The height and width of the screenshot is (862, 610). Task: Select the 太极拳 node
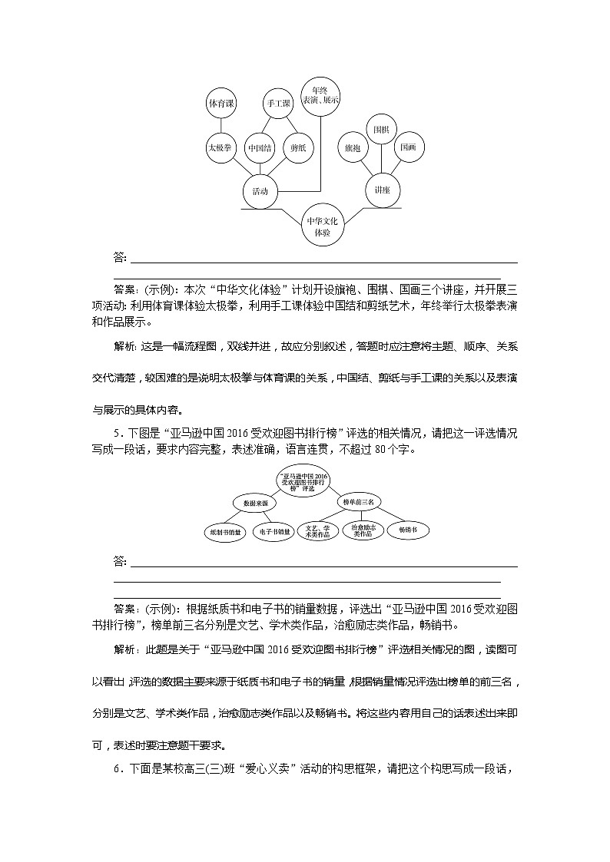[221, 147]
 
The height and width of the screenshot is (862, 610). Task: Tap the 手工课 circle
[277, 103]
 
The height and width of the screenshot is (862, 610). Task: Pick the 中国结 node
[259, 147]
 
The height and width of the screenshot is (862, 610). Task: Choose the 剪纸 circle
[297, 147]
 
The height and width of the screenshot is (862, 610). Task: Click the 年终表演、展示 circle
[320, 95]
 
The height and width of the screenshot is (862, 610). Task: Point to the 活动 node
[260, 191]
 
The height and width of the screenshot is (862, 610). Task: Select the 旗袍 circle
[353, 147]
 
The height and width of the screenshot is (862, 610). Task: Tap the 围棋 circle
[381, 129]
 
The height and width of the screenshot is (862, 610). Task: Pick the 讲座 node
[382, 189]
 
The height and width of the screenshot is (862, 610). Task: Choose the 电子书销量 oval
[274, 530]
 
